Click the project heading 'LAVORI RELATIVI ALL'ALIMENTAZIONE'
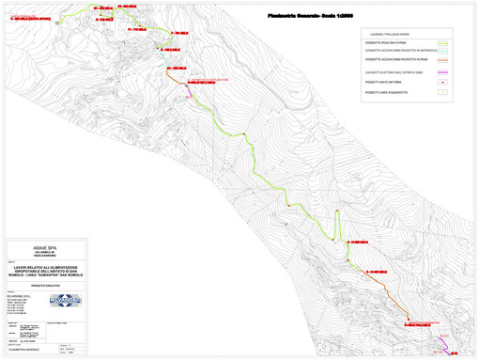(x=47, y=266)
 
